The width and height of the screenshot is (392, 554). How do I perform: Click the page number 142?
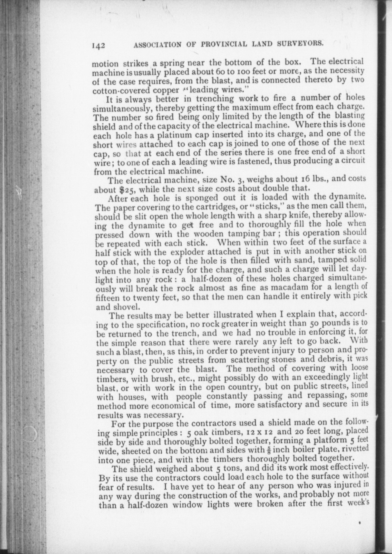tap(98, 45)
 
